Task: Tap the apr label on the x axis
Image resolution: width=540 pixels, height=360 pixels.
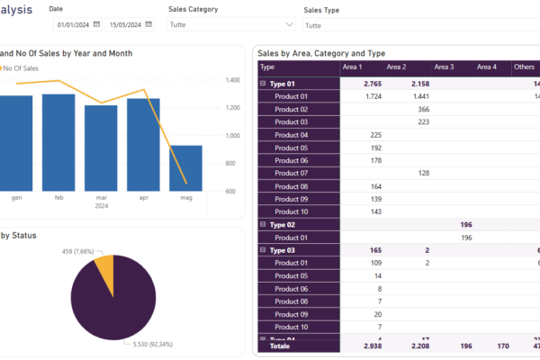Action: [x=143, y=196]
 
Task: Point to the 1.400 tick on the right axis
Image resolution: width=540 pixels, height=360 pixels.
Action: [x=233, y=80]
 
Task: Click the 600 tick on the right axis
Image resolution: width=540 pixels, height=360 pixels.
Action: [x=230, y=191]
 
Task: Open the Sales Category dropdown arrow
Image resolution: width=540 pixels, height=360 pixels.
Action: [x=288, y=25]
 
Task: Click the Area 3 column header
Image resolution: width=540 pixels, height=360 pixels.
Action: [x=444, y=67]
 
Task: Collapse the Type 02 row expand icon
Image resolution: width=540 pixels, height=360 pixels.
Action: [x=263, y=224]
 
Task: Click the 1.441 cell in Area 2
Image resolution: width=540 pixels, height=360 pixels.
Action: [x=418, y=95]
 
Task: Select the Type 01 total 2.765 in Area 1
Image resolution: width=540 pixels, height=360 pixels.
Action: [x=373, y=83]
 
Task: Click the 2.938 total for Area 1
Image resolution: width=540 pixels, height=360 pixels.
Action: [x=371, y=345]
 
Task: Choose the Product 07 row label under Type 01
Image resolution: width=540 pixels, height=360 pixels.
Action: [x=292, y=173]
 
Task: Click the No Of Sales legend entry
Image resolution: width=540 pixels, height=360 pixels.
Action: [x=22, y=68]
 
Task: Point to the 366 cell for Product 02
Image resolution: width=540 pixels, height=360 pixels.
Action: [x=423, y=109]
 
